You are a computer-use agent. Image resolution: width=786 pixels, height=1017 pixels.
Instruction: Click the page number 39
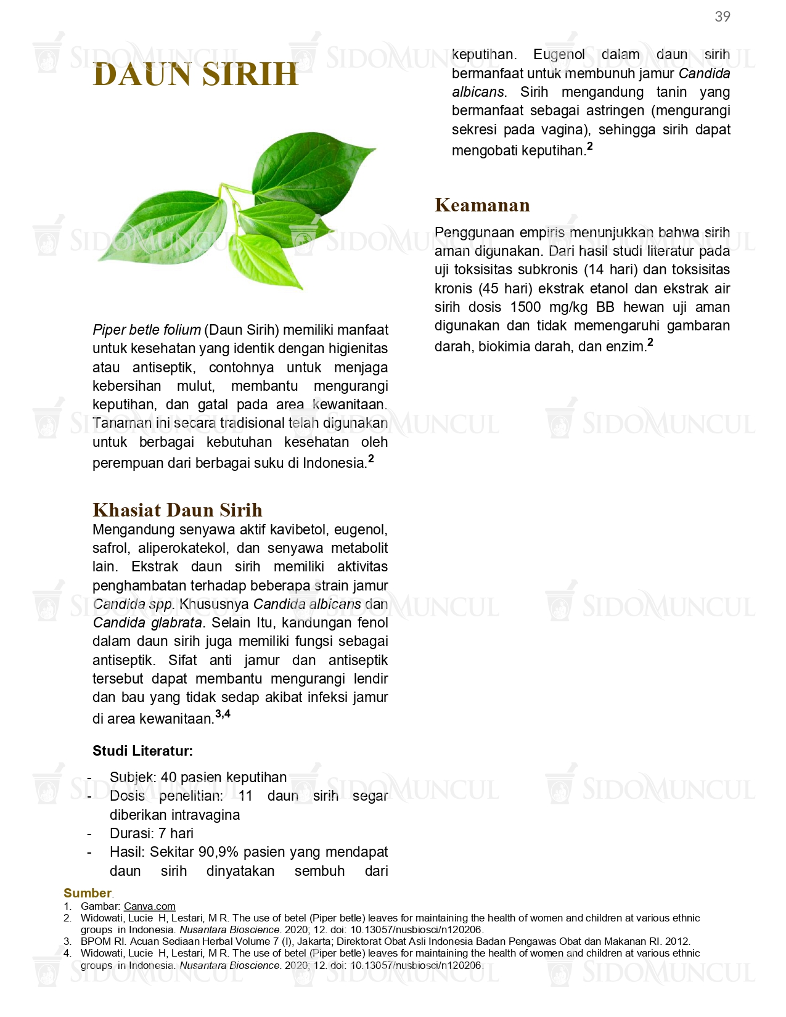coord(722,17)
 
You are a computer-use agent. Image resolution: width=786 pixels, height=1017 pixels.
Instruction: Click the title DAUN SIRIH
coord(195,75)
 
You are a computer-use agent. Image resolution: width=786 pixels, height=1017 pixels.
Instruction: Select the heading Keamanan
coord(482,205)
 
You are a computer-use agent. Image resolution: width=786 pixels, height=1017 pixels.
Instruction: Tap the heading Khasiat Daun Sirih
coord(178,510)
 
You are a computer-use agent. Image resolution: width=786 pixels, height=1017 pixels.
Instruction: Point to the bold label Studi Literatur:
coord(142,751)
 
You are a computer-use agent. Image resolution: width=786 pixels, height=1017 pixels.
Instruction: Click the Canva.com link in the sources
coord(150,906)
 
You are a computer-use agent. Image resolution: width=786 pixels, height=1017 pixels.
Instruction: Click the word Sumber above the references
coord(88,893)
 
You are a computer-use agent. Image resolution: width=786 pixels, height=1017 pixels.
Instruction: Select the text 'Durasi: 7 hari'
coord(152,833)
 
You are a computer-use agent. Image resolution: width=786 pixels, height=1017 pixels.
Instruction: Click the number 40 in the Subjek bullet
coord(168,777)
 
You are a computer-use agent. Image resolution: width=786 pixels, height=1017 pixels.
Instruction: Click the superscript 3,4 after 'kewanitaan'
coord(223,714)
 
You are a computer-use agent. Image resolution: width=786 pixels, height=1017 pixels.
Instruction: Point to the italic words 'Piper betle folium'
coord(147,330)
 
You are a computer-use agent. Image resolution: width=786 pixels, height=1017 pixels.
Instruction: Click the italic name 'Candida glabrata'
coord(147,623)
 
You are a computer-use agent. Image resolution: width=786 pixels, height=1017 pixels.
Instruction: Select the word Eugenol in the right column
coord(559,55)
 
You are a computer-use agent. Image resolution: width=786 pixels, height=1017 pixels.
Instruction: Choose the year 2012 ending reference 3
coord(678,942)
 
